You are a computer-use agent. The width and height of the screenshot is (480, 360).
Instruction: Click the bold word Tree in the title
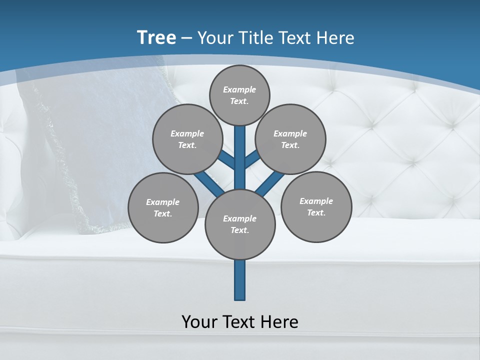pos(156,37)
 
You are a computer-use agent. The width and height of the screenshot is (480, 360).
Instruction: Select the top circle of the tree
pos(239,95)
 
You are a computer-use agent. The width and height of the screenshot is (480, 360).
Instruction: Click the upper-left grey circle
pos(187,139)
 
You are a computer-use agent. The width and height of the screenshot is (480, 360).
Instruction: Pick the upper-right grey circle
pos(290,139)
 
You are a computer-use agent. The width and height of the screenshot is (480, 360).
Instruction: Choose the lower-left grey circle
pos(163,207)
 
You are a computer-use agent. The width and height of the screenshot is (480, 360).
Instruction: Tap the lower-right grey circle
pos(316,206)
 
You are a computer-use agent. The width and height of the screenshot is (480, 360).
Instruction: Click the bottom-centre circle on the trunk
pos(240,224)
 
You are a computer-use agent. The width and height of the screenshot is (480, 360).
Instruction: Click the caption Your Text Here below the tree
pos(240,321)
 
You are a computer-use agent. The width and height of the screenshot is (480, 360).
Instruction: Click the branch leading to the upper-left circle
pos(227,160)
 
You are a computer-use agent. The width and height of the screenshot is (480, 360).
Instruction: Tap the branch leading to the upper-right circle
pos(251,160)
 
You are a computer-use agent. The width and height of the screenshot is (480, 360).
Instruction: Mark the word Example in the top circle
pos(239,89)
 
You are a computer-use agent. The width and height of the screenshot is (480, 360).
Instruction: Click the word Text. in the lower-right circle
pos(316,212)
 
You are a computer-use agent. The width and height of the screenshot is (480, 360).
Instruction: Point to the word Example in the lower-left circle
pos(163,202)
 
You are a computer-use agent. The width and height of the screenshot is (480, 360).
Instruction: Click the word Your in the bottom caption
pos(198,321)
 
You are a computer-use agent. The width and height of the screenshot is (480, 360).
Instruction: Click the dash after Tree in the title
pos(186,38)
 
